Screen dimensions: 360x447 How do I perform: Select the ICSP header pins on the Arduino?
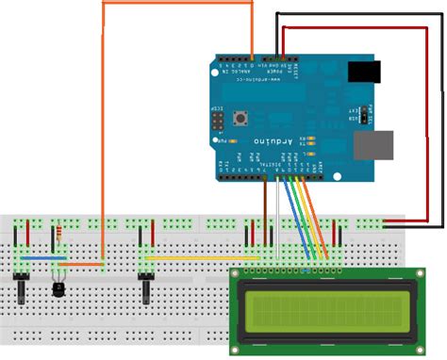pos(218,123)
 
